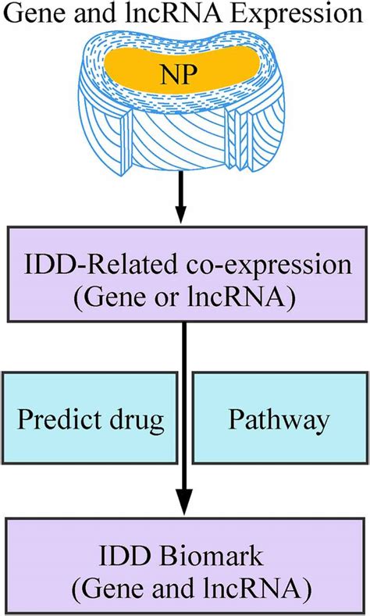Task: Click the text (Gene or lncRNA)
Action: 184,297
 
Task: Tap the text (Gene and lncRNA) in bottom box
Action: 184,587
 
